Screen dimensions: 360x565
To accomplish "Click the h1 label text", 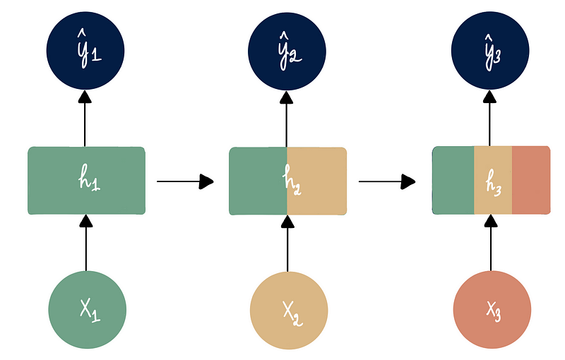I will pos(87,181).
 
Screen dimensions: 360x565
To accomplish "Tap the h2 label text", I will pos(288,181).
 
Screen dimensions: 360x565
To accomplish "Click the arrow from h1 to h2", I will pos(185,181).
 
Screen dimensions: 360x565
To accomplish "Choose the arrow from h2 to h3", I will pos(387,181).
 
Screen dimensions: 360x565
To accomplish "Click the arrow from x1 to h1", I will pos(86,244).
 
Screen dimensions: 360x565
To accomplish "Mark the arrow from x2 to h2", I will pos(287,244).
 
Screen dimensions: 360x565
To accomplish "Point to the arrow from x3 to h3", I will pos(491,244).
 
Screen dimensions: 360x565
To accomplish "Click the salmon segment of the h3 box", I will pos(531,181).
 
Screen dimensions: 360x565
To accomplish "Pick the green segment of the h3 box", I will pos(452,181).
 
